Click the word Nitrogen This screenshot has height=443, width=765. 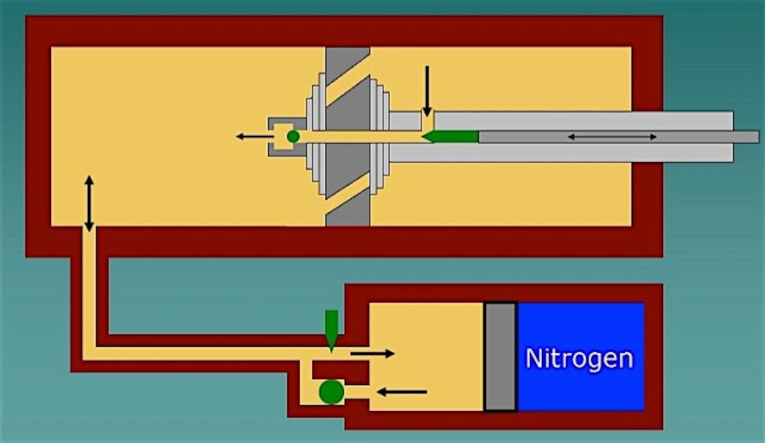point(579,359)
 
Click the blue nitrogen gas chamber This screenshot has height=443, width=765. point(581,357)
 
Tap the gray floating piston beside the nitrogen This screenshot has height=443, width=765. point(500,357)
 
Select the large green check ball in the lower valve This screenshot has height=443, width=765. point(331,392)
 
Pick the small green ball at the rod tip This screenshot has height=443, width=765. point(293,137)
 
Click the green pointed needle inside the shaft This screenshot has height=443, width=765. point(450,137)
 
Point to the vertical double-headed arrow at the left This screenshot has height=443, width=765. point(89,204)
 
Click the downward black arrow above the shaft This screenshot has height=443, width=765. point(427,91)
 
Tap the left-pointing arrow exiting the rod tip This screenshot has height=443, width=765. point(255,137)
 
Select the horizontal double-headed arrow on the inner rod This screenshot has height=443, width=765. point(612,137)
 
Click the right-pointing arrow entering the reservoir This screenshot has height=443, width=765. point(372,354)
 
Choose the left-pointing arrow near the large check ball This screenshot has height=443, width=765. point(402,392)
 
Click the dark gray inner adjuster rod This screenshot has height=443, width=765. point(619,137)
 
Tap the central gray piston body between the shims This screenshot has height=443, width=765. point(348,137)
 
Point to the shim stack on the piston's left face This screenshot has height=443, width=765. point(316,134)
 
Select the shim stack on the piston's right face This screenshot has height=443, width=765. point(379,136)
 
